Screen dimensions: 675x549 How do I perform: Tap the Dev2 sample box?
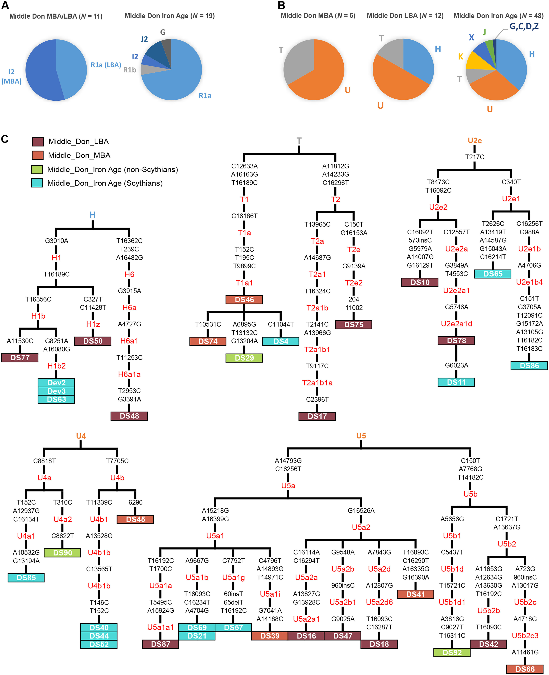pos(56,383)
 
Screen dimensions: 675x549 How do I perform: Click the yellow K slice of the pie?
pos(479,62)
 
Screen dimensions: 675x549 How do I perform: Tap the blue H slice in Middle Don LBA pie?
pos(417,58)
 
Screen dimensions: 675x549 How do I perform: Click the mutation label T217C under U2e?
pos(474,157)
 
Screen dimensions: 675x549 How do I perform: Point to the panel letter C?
pos(5,139)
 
